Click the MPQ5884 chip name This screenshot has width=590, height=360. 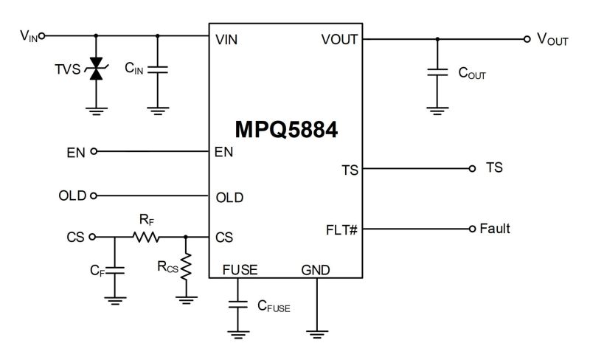pos(287,131)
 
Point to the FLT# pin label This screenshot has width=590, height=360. pos(341,229)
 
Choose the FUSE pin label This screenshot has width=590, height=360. pos(240,270)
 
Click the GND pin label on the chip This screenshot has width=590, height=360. pos(316,270)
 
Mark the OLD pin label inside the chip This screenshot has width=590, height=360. pos(229,198)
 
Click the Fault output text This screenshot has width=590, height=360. pos(495,229)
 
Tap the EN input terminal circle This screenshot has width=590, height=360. pos(93,151)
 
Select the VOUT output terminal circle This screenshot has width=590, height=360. pos(526,39)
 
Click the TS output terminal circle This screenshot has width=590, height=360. pos(472,168)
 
